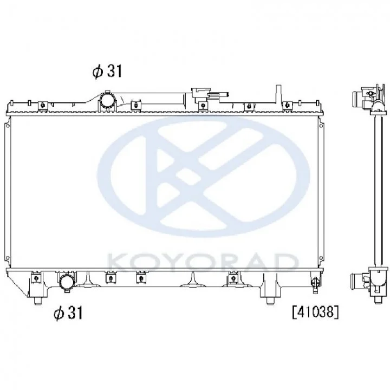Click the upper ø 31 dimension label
click(107, 71)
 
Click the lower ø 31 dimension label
click(68, 313)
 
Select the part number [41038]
click(315, 312)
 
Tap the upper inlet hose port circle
click(108, 100)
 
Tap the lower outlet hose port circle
click(67, 282)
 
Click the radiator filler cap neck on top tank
click(201, 94)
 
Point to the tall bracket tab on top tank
click(278, 94)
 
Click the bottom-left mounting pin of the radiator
click(37, 301)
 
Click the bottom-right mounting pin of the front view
click(269, 301)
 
